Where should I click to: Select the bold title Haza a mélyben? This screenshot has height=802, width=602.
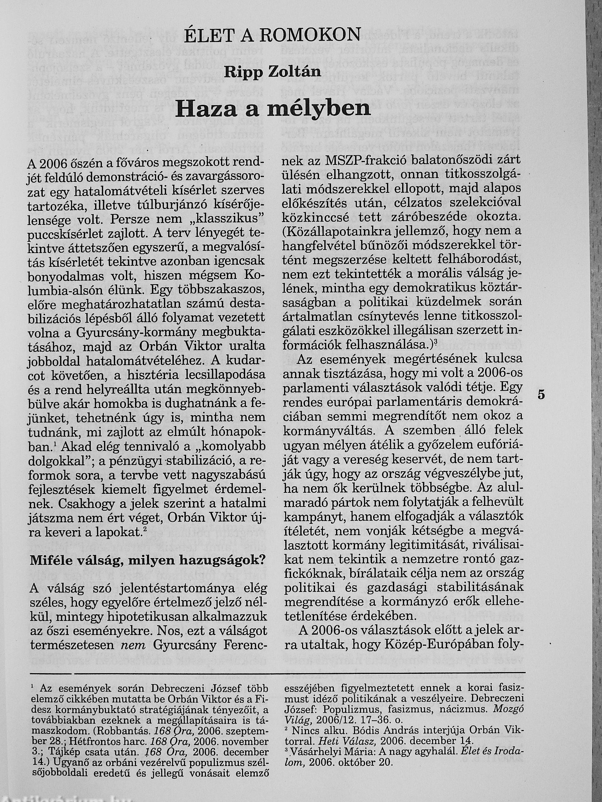click(272, 108)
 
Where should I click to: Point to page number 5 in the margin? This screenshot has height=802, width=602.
click(541, 395)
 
